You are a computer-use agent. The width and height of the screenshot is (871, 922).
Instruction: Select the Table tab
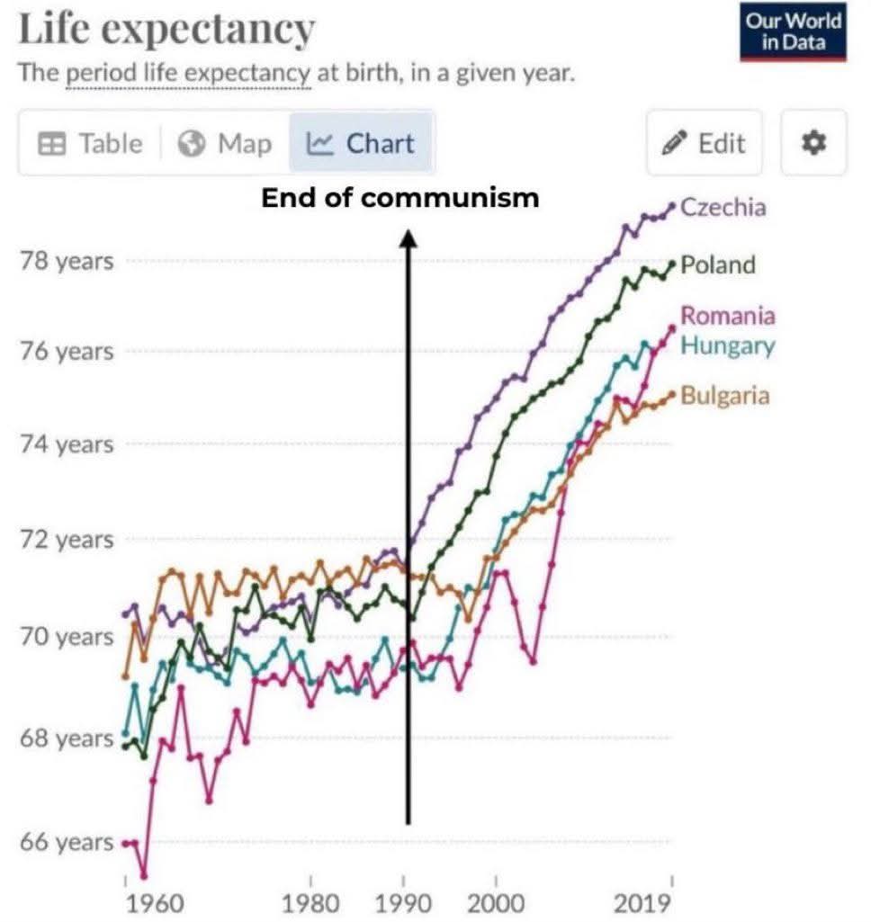[91, 144]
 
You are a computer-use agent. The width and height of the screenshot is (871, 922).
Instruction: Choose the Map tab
[225, 144]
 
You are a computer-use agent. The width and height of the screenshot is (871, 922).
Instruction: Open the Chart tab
[361, 144]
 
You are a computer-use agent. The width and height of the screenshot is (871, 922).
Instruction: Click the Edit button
[704, 144]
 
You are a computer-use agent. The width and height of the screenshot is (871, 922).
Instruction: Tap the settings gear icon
[813, 144]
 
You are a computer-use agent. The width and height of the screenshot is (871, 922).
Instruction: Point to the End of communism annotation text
[400, 198]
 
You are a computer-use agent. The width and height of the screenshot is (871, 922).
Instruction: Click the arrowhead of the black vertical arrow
[408, 237]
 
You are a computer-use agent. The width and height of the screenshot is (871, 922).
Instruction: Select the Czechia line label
[723, 208]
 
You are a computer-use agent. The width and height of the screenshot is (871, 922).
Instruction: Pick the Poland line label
[717, 265]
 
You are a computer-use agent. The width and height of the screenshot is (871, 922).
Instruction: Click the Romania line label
[727, 316]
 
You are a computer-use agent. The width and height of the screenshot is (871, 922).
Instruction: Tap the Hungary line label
[727, 345]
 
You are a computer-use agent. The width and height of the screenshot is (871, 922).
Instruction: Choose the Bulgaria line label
[724, 395]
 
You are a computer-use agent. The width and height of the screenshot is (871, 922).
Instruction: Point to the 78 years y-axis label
[67, 262]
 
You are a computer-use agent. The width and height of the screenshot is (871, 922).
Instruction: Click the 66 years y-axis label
[67, 844]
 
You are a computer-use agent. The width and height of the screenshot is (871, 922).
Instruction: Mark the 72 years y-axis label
[67, 541]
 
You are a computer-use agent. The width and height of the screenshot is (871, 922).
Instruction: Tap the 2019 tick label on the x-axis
[643, 903]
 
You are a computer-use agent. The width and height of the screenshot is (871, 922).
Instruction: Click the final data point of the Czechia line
[671, 206]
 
